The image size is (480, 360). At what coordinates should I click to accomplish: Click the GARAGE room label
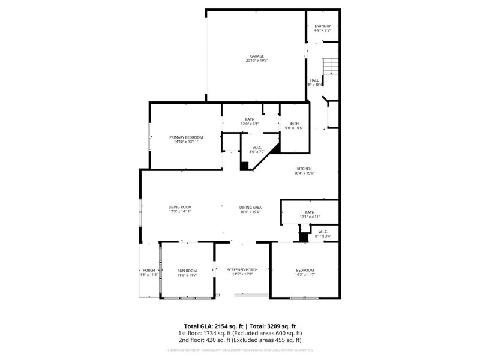pyautogui.click(x=257, y=56)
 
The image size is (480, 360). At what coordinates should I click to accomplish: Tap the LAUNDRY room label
pyautogui.click(x=323, y=26)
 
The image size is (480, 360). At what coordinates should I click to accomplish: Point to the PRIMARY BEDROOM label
pyautogui.click(x=186, y=137)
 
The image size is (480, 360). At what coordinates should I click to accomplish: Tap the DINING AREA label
pyautogui.click(x=251, y=207)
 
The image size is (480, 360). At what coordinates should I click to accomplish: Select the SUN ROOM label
pyautogui.click(x=187, y=271)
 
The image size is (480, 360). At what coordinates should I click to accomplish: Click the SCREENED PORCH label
pyautogui.click(x=242, y=270)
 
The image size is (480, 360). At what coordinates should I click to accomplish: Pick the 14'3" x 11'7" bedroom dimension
pyautogui.click(x=304, y=275)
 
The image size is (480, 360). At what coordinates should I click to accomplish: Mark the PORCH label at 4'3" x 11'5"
pyautogui.click(x=148, y=271)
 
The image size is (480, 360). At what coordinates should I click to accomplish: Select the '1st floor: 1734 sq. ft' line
pyautogui.click(x=239, y=333)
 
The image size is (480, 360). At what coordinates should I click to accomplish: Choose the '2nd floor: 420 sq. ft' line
pyautogui.click(x=239, y=340)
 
